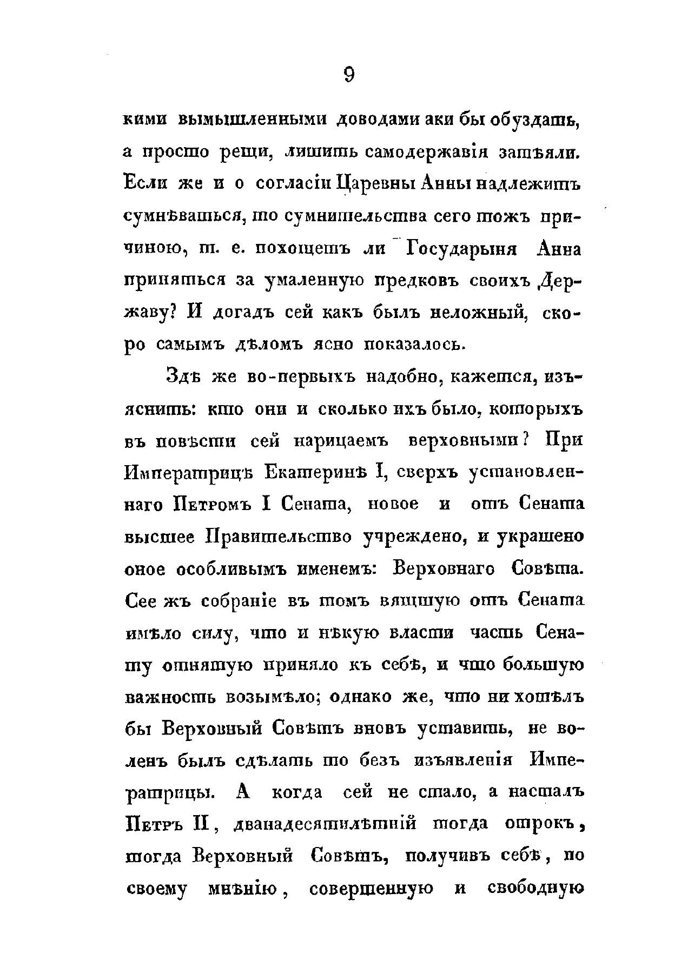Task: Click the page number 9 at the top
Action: [x=348, y=75]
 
